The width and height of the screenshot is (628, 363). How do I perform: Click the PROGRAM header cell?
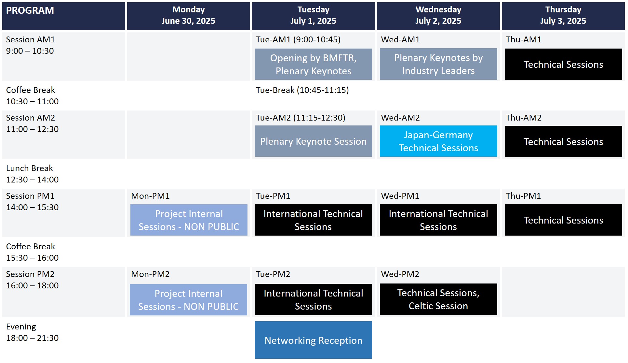click(63, 16)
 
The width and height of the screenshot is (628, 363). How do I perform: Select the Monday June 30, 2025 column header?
click(188, 16)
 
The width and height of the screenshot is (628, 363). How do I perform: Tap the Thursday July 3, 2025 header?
click(563, 16)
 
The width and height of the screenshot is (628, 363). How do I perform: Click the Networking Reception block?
click(313, 340)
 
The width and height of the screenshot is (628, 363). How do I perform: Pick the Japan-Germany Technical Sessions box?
click(438, 141)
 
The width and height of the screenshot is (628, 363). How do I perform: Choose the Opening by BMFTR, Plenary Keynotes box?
click(313, 64)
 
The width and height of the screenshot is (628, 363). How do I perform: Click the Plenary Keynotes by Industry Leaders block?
click(438, 64)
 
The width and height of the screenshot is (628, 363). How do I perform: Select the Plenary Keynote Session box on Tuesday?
click(313, 141)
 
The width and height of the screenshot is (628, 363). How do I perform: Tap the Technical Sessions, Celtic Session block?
click(438, 299)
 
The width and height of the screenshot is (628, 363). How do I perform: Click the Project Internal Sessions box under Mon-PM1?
click(189, 220)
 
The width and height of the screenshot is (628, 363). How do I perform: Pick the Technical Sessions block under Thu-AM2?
click(563, 141)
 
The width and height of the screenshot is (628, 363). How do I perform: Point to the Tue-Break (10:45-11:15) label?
click(302, 90)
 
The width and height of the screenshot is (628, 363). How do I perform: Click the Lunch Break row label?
click(32, 174)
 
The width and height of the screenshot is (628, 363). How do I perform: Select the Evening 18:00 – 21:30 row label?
click(32, 332)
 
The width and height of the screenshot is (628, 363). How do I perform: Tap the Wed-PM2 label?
click(400, 274)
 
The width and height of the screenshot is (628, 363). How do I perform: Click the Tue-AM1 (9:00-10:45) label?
click(298, 39)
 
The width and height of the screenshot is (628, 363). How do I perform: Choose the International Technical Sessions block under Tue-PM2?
click(313, 299)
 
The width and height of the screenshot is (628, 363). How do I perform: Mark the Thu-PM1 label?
click(523, 196)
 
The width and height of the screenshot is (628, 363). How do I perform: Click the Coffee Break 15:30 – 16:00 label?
click(32, 252)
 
